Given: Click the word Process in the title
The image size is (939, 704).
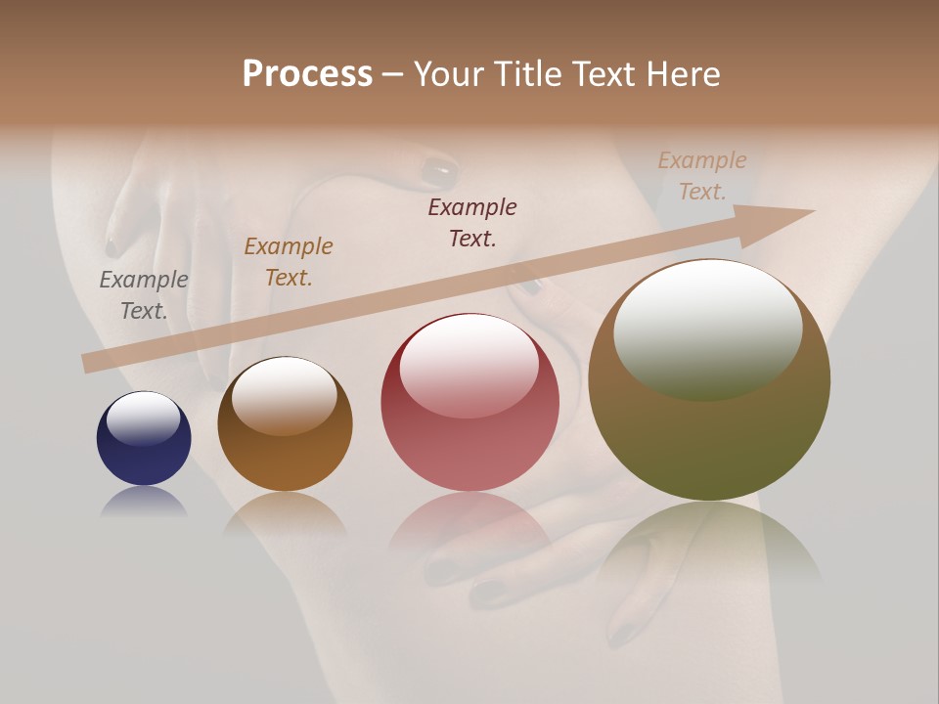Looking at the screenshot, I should (x=307, y=74).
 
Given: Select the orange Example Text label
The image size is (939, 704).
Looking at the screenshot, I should (x=289, y=262).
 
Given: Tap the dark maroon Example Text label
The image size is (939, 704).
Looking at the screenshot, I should (x=472, y=222).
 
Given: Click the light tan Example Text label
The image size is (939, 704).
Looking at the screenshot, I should (x=702, y=176).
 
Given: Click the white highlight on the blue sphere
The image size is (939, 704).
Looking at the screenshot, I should (x=143, y=418).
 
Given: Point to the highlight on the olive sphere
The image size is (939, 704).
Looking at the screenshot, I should (x=707, y=329).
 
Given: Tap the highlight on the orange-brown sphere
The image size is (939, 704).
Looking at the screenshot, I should (x=284, y=395).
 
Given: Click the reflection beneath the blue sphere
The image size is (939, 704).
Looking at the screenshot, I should (x=144, y=502).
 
